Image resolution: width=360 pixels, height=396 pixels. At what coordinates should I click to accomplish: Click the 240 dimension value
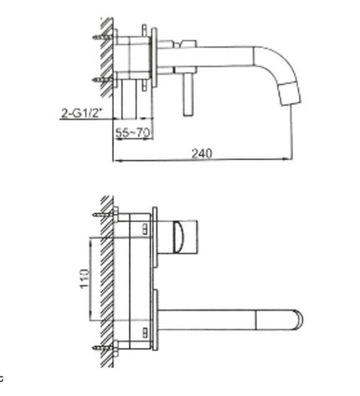tap(202, 153)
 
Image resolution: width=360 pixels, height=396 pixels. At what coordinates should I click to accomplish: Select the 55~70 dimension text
tap(133, 132)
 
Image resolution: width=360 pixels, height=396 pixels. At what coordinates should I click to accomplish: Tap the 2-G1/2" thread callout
tap(81, 113)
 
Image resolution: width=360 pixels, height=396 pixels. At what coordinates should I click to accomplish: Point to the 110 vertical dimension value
tap(85, 279)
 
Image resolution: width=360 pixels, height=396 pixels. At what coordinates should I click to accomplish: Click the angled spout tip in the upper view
tap(290, 92)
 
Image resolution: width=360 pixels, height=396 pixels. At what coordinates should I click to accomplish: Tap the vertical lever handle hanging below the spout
tap(188, 95)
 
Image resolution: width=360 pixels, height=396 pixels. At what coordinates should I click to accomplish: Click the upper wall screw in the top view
tap(103, 37)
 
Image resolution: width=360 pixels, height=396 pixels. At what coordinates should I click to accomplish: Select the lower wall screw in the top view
tap(103, 80)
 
